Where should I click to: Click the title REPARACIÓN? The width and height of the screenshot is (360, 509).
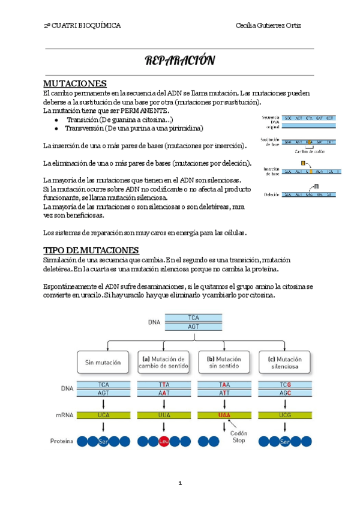tap(179, 61)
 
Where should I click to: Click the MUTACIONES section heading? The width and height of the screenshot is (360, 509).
tap(75, 83)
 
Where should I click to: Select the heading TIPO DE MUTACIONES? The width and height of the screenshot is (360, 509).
tap(91, 250)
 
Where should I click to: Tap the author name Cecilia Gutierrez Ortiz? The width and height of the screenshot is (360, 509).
tap(277, 26)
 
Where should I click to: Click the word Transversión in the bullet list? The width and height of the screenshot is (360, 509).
tap(84, 128)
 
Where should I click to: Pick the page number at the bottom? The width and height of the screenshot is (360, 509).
tap(179, 483)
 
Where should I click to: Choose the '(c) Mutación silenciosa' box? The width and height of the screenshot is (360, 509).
tap(284, 363)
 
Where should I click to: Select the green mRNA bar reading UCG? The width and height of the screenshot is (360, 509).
tap(284, 414)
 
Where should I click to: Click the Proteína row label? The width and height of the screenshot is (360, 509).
tap(62, 441)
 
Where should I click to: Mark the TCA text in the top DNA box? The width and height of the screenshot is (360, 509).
tap(193, 317)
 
